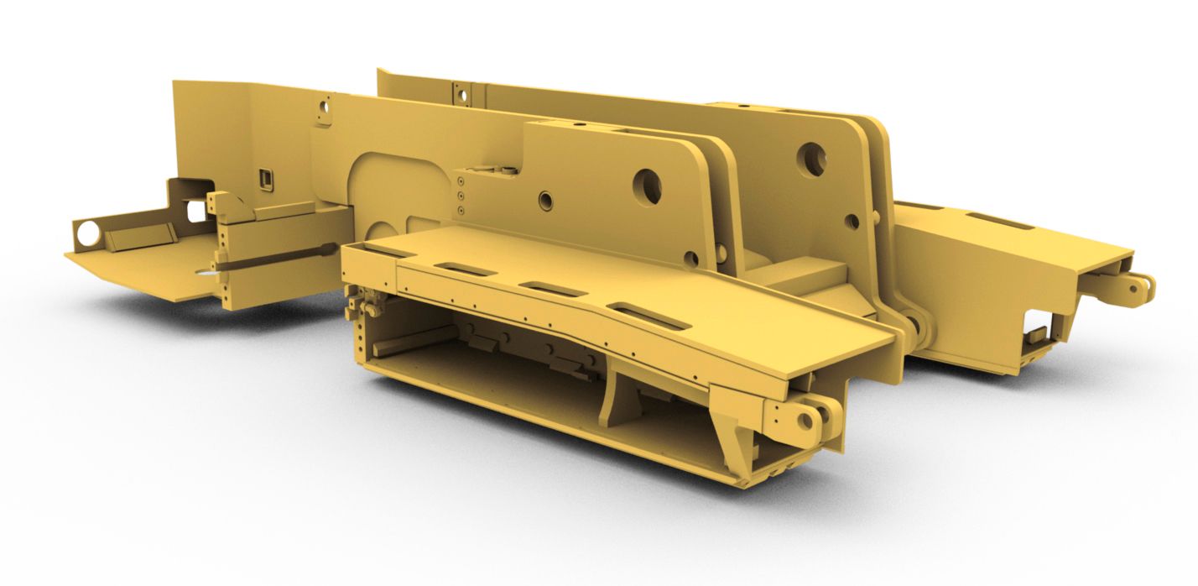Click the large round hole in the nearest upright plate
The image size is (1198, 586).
point(647,186)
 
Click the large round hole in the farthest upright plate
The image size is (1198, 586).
point(810,158)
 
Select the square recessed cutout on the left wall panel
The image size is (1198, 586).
point(266,178)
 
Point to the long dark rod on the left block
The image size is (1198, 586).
point(277,257)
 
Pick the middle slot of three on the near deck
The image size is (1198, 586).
point(551,288)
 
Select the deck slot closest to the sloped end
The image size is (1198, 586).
point(648,316)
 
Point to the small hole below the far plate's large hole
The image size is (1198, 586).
point(852,222)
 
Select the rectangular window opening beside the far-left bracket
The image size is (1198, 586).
point(196,211)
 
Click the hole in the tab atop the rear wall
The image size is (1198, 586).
point(461,95)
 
